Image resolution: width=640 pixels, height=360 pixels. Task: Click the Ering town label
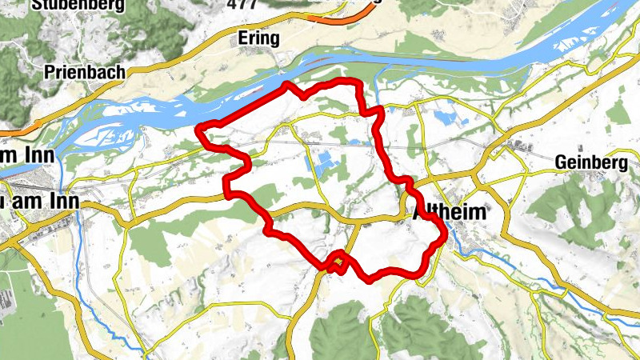[x=258, y=38]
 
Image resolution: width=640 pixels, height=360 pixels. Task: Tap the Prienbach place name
[x=86, y=72]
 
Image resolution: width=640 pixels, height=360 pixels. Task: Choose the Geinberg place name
[x=590, y=162]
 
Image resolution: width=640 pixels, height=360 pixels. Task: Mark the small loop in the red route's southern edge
[x=339, y=262]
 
